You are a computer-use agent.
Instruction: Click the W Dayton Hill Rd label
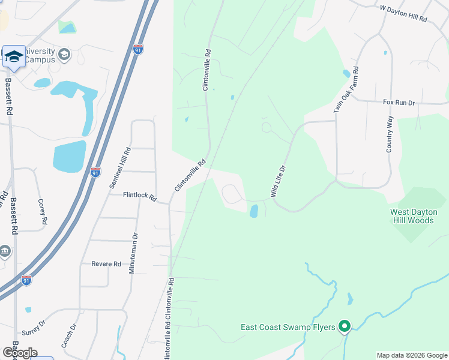403,14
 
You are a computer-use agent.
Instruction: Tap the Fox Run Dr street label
399,103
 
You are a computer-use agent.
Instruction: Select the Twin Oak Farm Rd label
346,90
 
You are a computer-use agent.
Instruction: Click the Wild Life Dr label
277,182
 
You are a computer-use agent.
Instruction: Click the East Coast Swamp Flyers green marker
345,327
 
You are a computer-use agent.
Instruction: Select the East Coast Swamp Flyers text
288,327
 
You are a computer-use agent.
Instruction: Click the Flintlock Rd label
139,196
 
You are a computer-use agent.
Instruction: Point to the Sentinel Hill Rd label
119,170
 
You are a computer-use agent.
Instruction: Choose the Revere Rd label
106,264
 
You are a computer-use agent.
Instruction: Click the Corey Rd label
42,212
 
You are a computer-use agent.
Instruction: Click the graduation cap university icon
14,56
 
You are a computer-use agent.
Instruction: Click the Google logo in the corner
20,353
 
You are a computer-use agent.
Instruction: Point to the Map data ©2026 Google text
411,355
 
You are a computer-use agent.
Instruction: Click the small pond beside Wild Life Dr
253,211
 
